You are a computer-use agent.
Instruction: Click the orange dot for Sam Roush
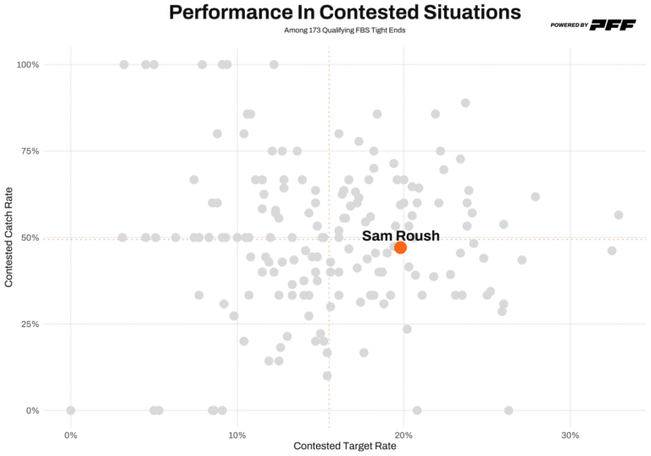pos(400,247)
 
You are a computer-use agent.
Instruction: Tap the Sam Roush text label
pos(400,236)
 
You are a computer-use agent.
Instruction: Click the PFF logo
pos(614,25)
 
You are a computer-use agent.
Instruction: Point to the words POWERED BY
pos(569,25)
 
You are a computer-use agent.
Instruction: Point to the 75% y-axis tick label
pos(31,151)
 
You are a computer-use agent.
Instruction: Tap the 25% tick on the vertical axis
pos(31,324)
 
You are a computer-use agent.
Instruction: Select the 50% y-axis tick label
pos(31,237)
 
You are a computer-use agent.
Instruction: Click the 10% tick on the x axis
pos(237,436)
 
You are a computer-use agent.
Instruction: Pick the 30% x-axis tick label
pos(570,436)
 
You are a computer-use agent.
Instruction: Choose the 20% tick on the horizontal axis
pos(403,436)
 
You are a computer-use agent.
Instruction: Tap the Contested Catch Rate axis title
pos(9,237)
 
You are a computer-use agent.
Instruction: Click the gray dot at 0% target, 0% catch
pos(70,410)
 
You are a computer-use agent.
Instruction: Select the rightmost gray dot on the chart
pos(619,215)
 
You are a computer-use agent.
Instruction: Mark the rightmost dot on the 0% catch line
pos(509,410)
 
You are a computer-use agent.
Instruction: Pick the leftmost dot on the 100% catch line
pos(124,64)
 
